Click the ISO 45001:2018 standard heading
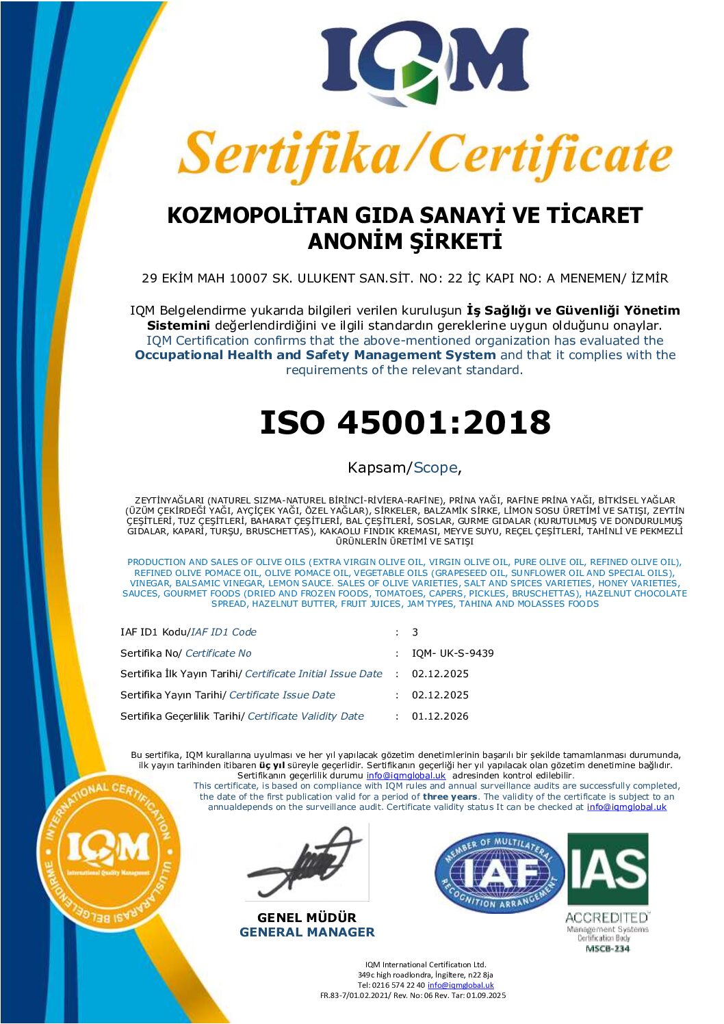click(x=405, y=422)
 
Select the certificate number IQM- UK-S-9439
click(x=452, y=653)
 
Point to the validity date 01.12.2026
click(x=440, y=716)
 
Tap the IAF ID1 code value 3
click(x=415, y=632)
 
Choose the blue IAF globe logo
click(x=500, y=873)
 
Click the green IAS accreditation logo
click(x=608, y=869)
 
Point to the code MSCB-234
click(x=608, y=949)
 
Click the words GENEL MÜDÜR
click(x=307, y=917)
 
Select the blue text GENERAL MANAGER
click(x=307, y=932)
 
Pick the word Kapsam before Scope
click(x=376, y=468)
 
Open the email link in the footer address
click(x=461, y=985)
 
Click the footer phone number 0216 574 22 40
click(x=398, y=985)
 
